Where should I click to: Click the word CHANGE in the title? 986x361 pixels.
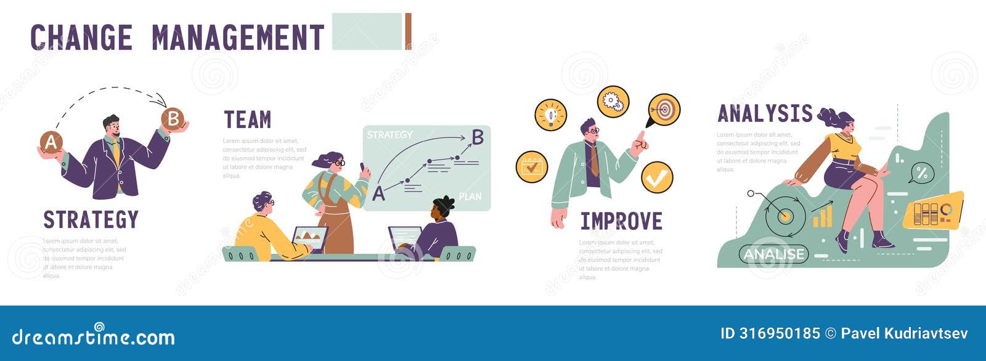tap(81, 37)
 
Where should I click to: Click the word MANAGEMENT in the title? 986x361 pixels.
tap(238, 37)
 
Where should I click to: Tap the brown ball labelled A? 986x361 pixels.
tap(51, 143)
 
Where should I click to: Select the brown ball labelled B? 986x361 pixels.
tap(173, 118)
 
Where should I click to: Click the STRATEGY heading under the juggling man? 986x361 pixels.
tap(91, 220)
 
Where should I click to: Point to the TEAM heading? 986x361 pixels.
tap(247, 120)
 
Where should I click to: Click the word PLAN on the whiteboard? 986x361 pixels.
tap(470, 197)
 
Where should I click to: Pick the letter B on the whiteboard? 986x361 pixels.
tap(478, 137)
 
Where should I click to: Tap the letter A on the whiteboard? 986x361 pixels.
tap(378, 194)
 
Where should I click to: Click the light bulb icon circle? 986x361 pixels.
tap(550, 115)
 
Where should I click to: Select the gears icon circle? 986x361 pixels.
tap(613, 101)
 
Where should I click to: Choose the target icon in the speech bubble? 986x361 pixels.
tap(664, 110)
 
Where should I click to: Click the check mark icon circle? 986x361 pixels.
tap(657, 177)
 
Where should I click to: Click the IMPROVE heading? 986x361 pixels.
tap(621, 221)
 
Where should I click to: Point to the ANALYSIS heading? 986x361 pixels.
tap(765, 114)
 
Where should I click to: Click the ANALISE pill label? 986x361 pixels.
tap(773, 254)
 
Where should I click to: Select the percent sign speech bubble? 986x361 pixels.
tap(921, 173)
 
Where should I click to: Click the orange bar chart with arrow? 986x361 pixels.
tap(822, 214)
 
